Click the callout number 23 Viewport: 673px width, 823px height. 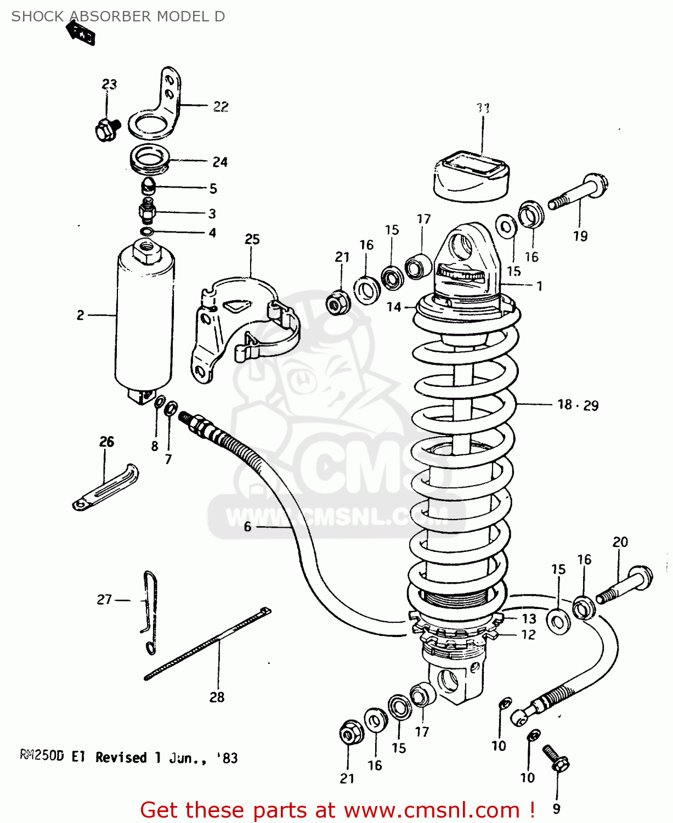109,84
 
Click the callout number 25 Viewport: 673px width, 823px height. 252,239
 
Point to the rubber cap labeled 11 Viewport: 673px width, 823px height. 471,176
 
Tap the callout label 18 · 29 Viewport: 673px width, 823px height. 578,405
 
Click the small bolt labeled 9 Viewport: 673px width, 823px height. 556,758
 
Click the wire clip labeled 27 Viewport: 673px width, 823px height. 150,612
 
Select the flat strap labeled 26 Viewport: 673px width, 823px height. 105,488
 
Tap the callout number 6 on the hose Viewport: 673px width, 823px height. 247,527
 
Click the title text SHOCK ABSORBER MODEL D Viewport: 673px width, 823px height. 118,16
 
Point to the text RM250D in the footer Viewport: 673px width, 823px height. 42,757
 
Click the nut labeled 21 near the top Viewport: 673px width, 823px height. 336,303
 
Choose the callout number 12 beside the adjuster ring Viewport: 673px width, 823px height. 528,635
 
